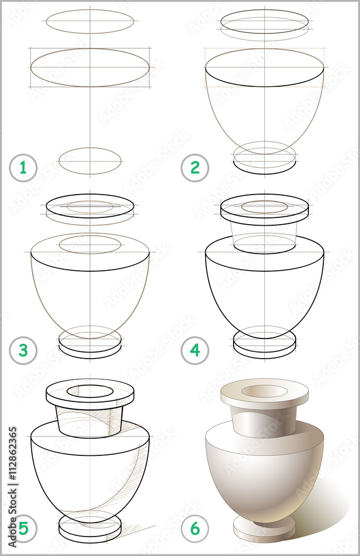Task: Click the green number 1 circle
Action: click(x=23, y=167)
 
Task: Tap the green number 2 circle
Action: click(x=195, y=167)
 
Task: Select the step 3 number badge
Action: click(x=23, y=350)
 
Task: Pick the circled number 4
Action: click(x=195, y=350)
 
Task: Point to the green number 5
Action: click(x=23, y=529)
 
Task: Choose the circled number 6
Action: click(x=195, y=529)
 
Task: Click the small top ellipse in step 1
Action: click(x=90, y=21)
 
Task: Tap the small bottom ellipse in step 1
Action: click(x=90, y=161)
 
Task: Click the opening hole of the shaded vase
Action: click(x=264, y=391)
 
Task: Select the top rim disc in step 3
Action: click(x=90, y=208)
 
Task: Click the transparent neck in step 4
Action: click(x=264, y=234)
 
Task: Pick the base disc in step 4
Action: click(x=265, y=346)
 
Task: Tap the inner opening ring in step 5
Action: click(x=90, y=390)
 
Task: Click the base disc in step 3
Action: click(x=90, y=346)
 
